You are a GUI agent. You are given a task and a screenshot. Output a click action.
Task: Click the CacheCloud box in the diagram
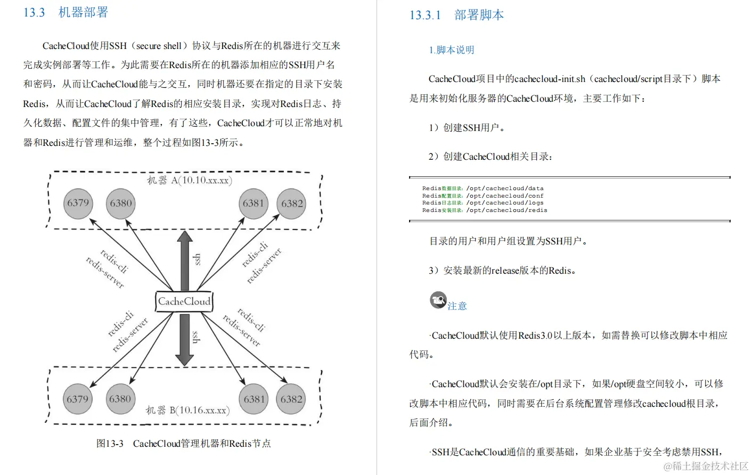184,301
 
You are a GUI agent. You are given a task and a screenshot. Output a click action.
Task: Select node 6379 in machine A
78,203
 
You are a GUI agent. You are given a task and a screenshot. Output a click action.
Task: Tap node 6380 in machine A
121,203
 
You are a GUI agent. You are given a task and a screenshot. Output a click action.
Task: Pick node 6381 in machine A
254,203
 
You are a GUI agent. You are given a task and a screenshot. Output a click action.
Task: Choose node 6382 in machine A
292,204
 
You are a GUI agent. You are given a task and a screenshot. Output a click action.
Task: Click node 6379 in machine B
78,399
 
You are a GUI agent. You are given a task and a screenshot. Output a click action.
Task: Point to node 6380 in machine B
120,399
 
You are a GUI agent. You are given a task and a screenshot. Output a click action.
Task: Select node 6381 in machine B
254,399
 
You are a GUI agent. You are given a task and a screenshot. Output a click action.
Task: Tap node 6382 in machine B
291,399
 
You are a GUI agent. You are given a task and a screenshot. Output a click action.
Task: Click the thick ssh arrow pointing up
185,261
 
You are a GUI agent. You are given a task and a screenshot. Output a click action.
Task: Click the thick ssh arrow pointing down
184,339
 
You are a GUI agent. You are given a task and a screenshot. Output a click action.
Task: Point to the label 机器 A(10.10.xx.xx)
189,181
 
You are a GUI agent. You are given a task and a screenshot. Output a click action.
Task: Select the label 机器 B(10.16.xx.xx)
187,411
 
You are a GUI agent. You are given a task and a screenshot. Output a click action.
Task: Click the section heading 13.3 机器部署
66,12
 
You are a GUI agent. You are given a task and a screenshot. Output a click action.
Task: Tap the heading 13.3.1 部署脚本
456,15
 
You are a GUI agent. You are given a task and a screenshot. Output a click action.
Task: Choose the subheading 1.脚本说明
451,50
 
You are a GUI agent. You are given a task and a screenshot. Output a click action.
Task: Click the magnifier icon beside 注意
438,300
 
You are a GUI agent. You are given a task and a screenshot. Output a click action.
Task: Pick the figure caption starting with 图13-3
183,444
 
